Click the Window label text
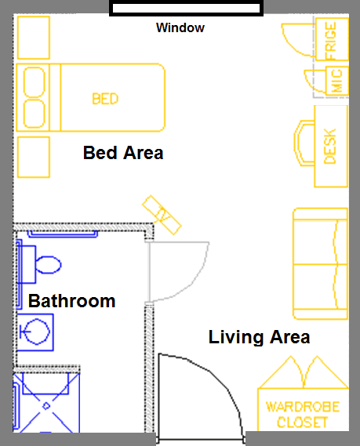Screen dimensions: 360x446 pyautogui.click(x=180, y=27)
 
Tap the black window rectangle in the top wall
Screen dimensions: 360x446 pyautogui.click(x=186, y=8)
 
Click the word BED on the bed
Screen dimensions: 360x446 pyautogui.click(x=105, y=99)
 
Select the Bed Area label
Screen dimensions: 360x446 pyautogui.click(x=123, y=153)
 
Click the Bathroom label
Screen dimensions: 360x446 pyautogui.click(x=71, y=301)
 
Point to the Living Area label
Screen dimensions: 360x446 pyautogui.click(x=259, y=337)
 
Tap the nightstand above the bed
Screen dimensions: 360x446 pyautogui.click(x=34, y=38)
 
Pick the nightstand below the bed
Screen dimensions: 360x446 pyautogui.click(x=34, y=158)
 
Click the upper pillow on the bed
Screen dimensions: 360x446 pyautogui.click(x=35, y=82)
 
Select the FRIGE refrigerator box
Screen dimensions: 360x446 pyautogui.click(x=332, y=39)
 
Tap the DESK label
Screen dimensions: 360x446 pyautogui.click(x=330, y=147)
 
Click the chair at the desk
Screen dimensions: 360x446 pyautogui.click(x=304, y=143)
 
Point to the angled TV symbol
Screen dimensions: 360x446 pyautogui.click(x=162, y=215)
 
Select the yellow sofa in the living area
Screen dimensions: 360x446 pyautogui.click(x=321, y=263)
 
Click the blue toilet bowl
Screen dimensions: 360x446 pyautogui.click(x=48, y=265)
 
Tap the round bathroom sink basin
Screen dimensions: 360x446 pyautogui.click(x=36, y=332)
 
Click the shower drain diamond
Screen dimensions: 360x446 pyautogui.click(x=46, y=406)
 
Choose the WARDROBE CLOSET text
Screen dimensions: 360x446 pyautogui.click(x=303, y=415)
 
